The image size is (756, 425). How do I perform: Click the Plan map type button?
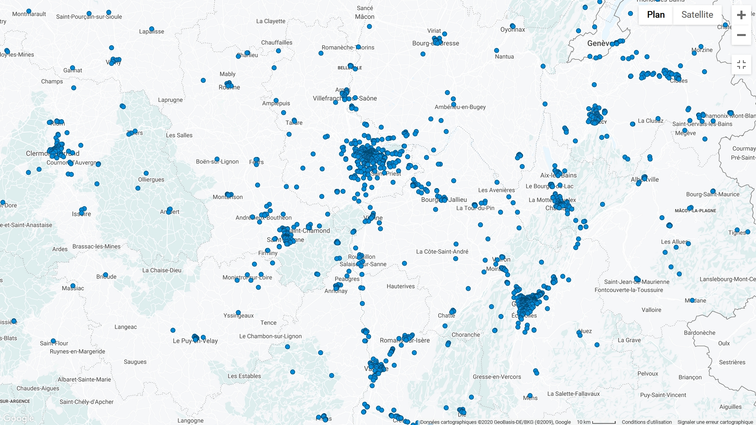click(656, 15)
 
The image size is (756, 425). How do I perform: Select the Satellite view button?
click(697, 15)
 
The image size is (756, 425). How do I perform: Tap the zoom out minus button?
click(741, 35)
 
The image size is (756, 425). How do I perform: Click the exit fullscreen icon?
click(741, 65)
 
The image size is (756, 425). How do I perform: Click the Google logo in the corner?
click(18, 418)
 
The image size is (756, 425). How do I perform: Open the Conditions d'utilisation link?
click(647, 422)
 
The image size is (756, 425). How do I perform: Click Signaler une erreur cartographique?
click(715, 422)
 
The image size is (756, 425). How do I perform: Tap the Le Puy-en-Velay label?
click(195, 341)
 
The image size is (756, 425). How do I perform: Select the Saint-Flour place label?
click(54, 343)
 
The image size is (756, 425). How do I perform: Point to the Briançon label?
click(690, 377)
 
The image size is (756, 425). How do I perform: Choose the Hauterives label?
click(400, 286)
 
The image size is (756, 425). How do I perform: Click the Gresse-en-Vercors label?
click(497, 377)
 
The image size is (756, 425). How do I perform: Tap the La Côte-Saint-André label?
click(442, 251)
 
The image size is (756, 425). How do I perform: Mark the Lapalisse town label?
click(152, 31)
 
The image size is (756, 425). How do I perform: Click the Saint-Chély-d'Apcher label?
click(86, 402)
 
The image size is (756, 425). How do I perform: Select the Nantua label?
click(504, 57)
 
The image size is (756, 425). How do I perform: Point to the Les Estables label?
click(244, 376)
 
